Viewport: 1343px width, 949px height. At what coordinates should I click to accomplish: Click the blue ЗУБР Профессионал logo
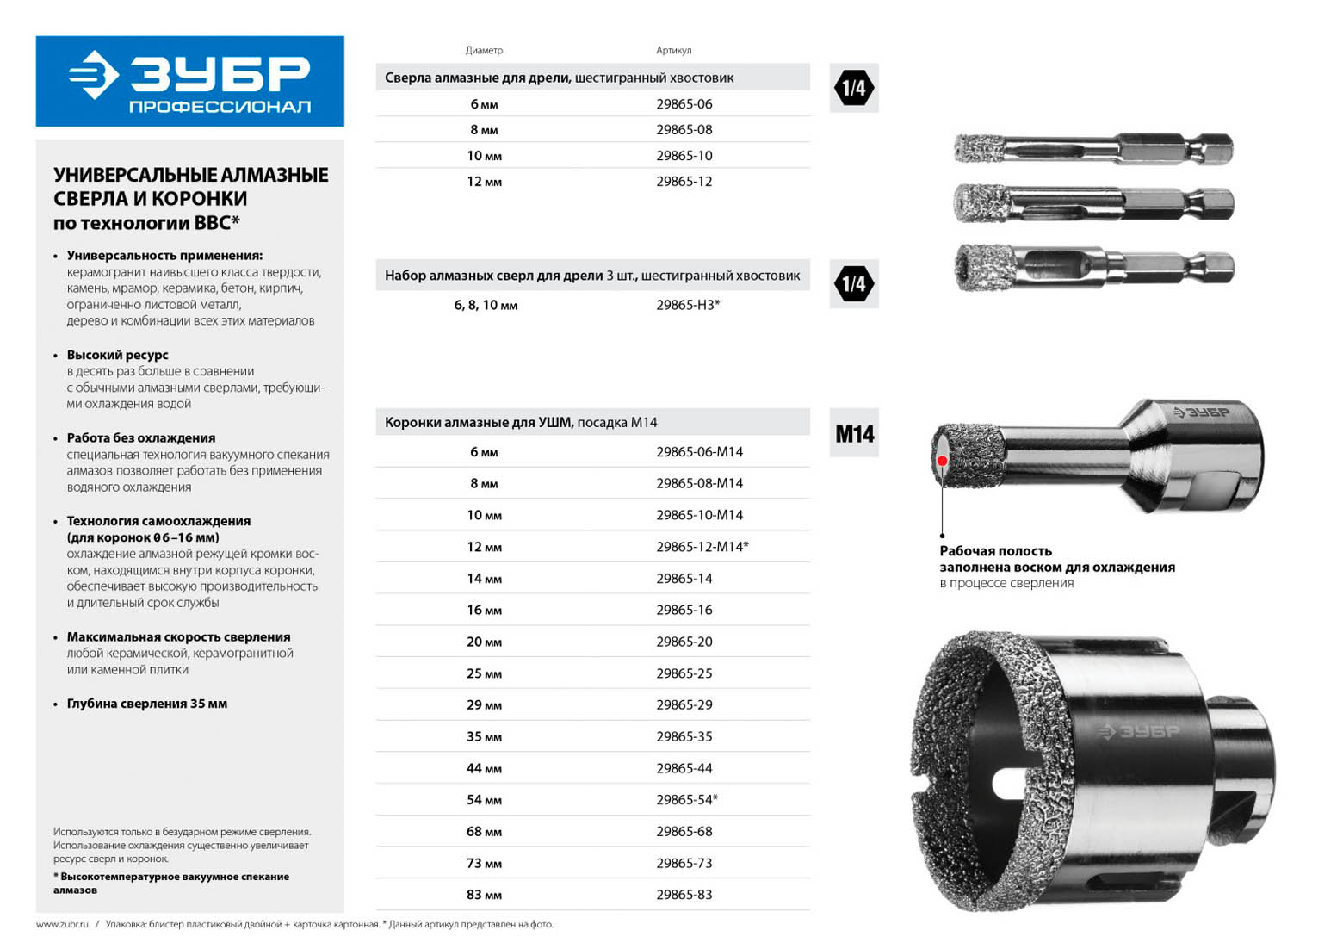tap(189, 81)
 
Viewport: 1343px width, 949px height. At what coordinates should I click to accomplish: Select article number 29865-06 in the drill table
tap(684, 104)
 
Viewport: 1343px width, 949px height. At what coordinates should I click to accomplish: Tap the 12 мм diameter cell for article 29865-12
tap(484, 182)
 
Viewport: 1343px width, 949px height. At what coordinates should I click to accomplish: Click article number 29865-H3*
tap(687, 305)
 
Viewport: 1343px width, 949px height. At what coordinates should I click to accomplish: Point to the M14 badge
tap(854, 433)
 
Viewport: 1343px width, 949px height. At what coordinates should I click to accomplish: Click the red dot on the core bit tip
tap(943, 461)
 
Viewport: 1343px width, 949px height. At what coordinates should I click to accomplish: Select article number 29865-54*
tap(686, 800)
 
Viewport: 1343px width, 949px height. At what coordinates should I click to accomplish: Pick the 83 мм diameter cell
tap(484, 895)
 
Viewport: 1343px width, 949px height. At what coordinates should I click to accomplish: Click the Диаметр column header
tap(484, 50)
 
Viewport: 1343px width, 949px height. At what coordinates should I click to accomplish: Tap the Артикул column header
tap(673, 50)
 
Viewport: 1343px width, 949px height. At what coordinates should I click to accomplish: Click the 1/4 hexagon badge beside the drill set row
tap(854, 283)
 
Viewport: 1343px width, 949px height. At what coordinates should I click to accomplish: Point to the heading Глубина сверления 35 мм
tap(147, 704)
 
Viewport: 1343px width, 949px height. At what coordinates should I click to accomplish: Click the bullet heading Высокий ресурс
tap(118, 355)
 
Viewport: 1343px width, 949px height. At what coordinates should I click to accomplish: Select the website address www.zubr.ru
tap(62, 925)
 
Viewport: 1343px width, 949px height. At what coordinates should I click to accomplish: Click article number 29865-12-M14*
tap(702, 547)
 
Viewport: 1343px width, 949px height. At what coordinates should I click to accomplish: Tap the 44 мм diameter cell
tap(484, 768)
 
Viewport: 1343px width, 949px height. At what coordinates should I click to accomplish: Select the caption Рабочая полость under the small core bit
tap(995, 551)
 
